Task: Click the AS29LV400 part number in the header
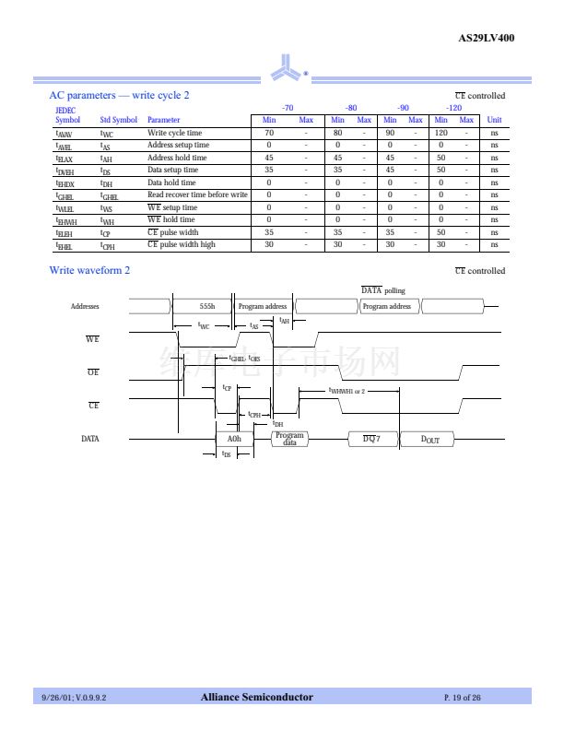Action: pyautogui.click(x=486, y=38)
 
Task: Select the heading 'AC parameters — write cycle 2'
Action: pyautogui.click(x=119, y=96)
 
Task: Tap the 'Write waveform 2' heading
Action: pyautogui.click(x=89, y=270)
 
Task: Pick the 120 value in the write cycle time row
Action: pyautogui.click(x=441, y=133)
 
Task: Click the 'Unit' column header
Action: pyautogui.click(x=494, y=120)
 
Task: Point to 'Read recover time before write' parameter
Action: pyautogui.click(x=197, y=194)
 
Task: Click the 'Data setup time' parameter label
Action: pyautogui.click(x=172, y=170)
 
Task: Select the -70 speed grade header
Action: pyautogui.click(x=287, y=108)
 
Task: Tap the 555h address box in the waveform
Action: pyautogui.click(x=206, y=306)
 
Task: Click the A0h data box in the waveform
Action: pyautogui.click(x=234, y=440)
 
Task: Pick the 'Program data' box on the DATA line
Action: pyautogui.click(x=289, y=439)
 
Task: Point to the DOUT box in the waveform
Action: pyautogui.click(x=430, y=440)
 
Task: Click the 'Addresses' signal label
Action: pyautogui.click(x=85, y=306)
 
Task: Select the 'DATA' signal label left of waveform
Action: pyautogui.click(x=90, y=439)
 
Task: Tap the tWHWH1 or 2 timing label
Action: pyautogui.click(x=347, y=391)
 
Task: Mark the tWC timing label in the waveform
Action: pyautogui.click(x=204, y=325)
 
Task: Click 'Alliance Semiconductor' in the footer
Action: pyautogui.click(x=256, y=697)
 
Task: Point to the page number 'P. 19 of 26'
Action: pyautogui.click(x=463, y=698)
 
